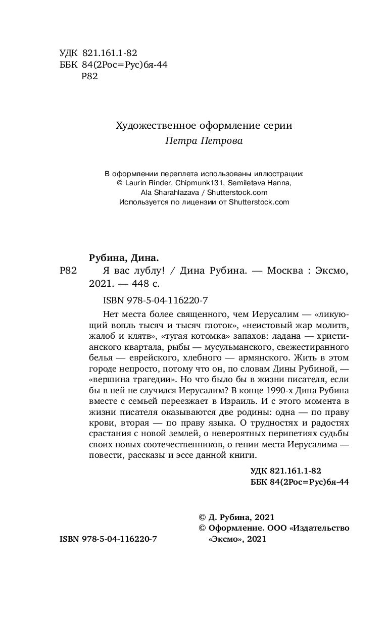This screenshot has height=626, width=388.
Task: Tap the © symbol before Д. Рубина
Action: tap(203, 516)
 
